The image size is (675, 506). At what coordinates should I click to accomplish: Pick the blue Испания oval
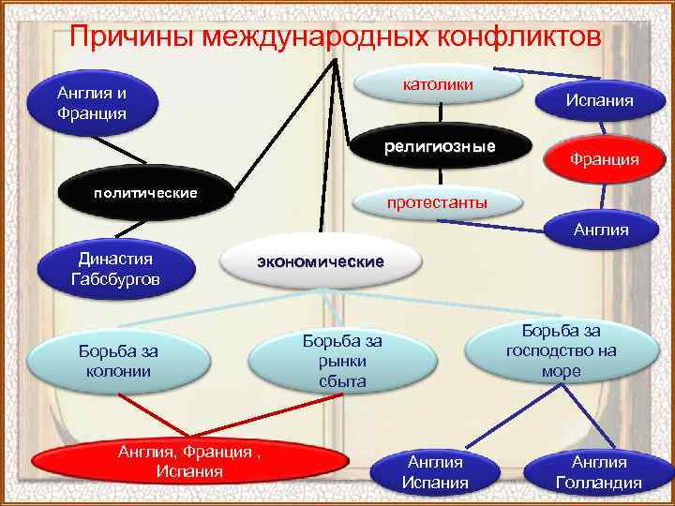599,100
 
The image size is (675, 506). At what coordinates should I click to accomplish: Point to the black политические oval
143,194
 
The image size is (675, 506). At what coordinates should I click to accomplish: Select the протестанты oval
437,203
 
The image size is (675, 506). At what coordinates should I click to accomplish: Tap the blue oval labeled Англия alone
601,229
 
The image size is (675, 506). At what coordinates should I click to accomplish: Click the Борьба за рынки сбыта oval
341,362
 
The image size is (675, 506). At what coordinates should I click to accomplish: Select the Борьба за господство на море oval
561,350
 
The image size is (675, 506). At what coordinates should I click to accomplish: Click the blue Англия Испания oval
435,472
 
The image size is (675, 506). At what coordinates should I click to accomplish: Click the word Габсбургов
115,279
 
